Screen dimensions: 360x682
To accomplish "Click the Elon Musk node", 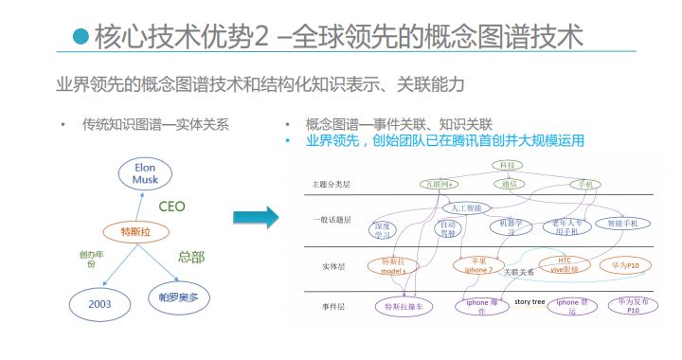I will tap(145, 174).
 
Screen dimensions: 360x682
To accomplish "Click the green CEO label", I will tap(171, 206).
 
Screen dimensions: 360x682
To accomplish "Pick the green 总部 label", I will tap(191, 257).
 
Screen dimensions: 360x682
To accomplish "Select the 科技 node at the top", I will tap(507, 166).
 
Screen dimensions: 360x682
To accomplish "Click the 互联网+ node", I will tap(440, 184).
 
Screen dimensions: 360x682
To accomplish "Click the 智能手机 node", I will tap(622, 224).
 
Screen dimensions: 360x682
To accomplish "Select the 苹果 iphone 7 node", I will tap(476, 264).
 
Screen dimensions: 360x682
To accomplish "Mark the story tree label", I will tap(529, 302).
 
